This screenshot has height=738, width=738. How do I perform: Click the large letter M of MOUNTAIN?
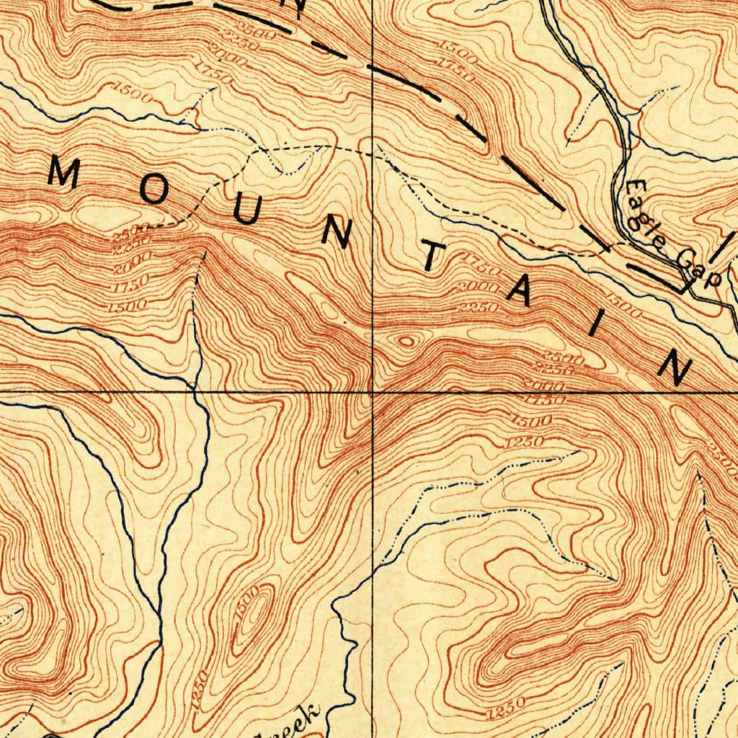click(x=63, y=174)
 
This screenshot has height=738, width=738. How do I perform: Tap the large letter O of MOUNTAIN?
click(x=153, y=191)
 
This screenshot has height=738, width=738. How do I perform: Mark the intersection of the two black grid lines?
click(x=372, y=393)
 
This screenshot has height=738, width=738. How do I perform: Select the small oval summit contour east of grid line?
click(x=406, y=341)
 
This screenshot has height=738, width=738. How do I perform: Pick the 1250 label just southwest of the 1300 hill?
click(x=202, y=688)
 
